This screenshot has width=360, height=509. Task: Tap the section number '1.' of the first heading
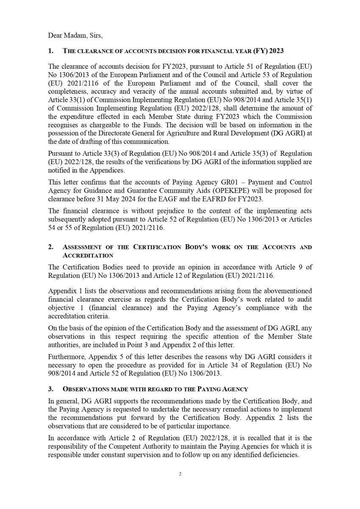(51, 51)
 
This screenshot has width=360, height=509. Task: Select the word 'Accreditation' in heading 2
(88, 255)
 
